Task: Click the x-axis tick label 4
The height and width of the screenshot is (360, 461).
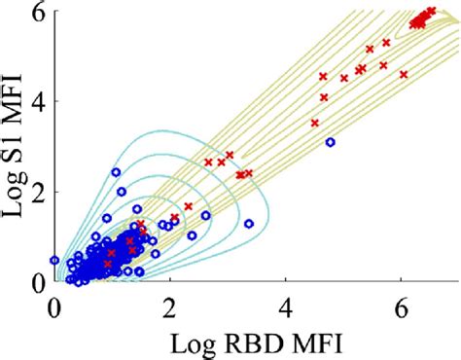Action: pos(286,309)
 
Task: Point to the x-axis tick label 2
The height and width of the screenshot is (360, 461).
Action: pos(169,309)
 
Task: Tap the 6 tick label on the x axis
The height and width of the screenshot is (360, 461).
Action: pos(402,309)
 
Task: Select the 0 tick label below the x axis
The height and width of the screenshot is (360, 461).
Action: pos(53,309)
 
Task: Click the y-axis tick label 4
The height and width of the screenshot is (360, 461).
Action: pos(39,101)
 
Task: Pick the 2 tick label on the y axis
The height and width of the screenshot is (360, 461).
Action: pos(39,192)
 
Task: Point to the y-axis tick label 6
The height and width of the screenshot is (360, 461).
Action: pos(39,11)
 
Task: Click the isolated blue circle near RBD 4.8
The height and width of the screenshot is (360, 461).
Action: pos(331,142)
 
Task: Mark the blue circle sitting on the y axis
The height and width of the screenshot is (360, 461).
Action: pos(54,260)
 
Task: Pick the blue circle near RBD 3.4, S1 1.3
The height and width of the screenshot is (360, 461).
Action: pos(249,224)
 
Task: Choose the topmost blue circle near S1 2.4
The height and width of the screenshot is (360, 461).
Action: pos(116,172)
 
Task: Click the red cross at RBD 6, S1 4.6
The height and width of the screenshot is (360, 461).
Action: pos(404,75)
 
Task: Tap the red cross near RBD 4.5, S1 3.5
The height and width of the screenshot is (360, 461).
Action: pos(315,123)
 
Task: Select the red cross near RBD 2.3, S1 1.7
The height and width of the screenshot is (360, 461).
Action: pos(189,206)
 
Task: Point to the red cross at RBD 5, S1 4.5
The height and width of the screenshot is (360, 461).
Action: pos(344,78)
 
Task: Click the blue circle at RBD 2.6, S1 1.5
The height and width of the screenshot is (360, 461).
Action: pos(206,215)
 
